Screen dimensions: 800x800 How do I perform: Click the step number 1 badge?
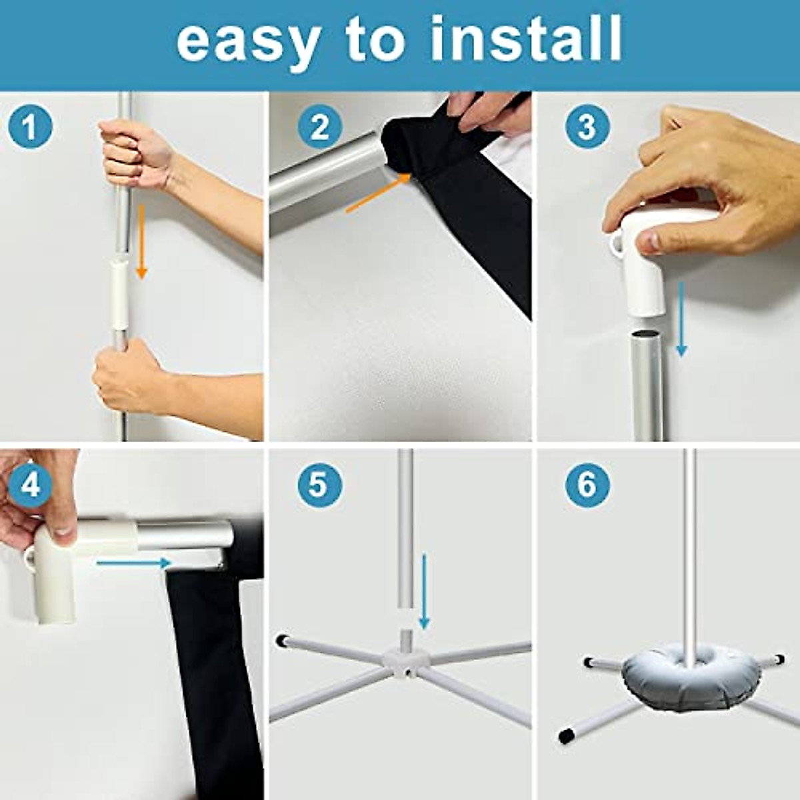tap(30, 127)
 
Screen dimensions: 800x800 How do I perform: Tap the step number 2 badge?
tap(320, 127)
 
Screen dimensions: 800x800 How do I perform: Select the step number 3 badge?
tap(587, 127)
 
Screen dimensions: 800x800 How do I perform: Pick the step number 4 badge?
tap(30, 485)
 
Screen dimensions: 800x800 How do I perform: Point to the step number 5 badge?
tap(320, 485)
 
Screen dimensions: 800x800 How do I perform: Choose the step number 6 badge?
tap(587, 485)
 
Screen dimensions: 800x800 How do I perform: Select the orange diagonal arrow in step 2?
tap(379, 193)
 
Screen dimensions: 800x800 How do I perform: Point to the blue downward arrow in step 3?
tap(681, 319)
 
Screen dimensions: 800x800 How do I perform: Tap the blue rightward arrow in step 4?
tap(134, 563)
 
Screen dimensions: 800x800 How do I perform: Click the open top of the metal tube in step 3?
tap(648, 333)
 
